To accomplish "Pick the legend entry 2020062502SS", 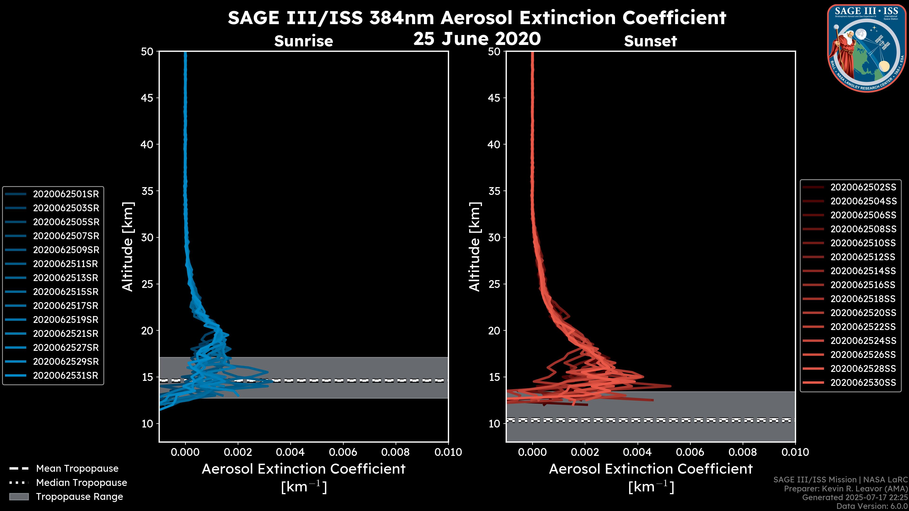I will coord(863,187).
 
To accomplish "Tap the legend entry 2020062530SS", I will coord(863,383).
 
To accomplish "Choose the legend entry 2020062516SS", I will coord(863,285).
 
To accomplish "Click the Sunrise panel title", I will coord(303,41).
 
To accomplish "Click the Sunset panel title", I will coord(650,41).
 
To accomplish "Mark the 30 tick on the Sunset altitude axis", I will coord(494,237).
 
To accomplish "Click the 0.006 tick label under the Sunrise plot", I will coord(343,452).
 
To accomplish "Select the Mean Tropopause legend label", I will coord(77,468).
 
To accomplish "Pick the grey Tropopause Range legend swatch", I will coord(19,497).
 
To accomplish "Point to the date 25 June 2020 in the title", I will coord(477,39).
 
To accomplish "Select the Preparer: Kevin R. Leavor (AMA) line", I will coord(846,489).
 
